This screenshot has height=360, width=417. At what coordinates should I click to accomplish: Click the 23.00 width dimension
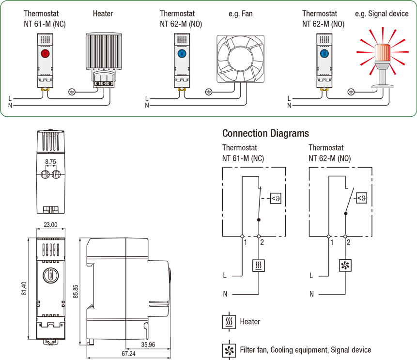(x=50, y=224)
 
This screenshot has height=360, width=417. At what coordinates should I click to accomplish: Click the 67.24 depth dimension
(x=128, y=354)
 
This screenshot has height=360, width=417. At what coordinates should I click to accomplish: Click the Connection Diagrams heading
(x=265, y=133)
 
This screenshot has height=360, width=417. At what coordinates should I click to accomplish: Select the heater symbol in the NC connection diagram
(x=259, y=265)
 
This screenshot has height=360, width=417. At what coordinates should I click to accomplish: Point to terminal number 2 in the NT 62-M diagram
(x=349, y=242)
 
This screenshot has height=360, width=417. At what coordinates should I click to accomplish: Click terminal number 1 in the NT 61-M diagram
(x=246, y=242)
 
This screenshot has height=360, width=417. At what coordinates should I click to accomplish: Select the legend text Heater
(x=250, y=321)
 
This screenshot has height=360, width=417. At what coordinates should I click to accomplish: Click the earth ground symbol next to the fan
(x=209, y=91)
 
